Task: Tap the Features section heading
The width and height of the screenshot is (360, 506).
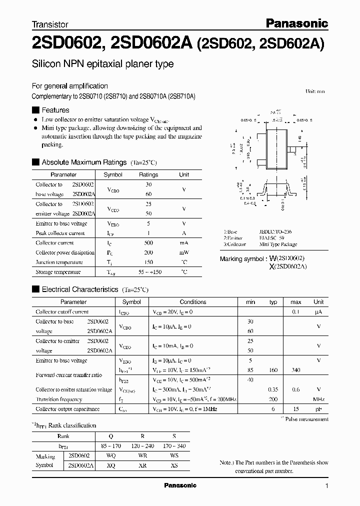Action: [x=55, y=110]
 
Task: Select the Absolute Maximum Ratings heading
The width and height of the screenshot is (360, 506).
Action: [x=83, y=162]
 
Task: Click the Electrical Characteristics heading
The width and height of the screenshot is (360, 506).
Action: [x=79, y=289]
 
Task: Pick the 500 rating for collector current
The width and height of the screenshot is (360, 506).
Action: [x=148, y=243]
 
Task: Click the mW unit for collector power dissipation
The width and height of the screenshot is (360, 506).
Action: [x=184, y=252]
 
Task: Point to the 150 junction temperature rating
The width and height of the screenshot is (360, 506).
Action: [x=148, y=262]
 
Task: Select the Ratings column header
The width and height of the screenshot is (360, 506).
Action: [x=148, y=174]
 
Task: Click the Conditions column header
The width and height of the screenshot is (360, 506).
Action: [x=193, y=302]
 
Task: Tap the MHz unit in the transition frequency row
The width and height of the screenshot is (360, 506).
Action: [x=318, y=399]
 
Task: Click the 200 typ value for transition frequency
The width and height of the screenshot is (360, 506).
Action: [x=273, y=399]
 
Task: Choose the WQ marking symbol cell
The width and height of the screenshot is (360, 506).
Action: [x=110, y=456]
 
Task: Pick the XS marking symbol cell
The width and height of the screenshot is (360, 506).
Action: [x=174, y=465]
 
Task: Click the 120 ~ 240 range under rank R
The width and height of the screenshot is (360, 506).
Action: [x=142, y=446]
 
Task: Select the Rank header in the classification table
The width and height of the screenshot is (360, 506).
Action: [x=63, y=436]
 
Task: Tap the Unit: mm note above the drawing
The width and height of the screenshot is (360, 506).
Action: [x=315, y=91]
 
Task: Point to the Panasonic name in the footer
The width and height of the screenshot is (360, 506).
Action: [x=180, y=485]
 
